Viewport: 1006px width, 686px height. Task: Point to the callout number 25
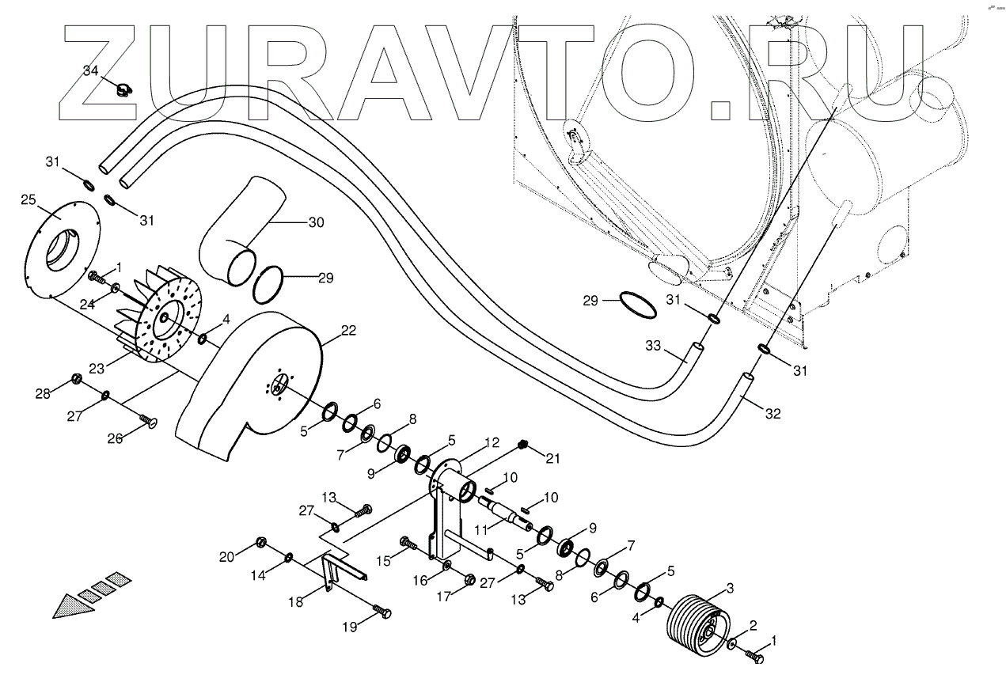[x=28, y=199]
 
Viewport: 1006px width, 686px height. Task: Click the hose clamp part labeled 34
[x=123, y=90]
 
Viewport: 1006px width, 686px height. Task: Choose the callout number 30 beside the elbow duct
[x=316, y=222]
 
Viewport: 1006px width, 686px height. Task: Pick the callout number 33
[x=654, y=346]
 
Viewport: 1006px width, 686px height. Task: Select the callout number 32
[x=773, y=412]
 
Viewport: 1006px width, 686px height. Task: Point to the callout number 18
[x=296, y=602]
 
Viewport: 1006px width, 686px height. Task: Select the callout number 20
[x=227, y=556]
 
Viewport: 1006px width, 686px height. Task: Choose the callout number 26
[x=116, y=438]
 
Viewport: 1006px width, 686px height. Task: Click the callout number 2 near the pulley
[x=753, y=625]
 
